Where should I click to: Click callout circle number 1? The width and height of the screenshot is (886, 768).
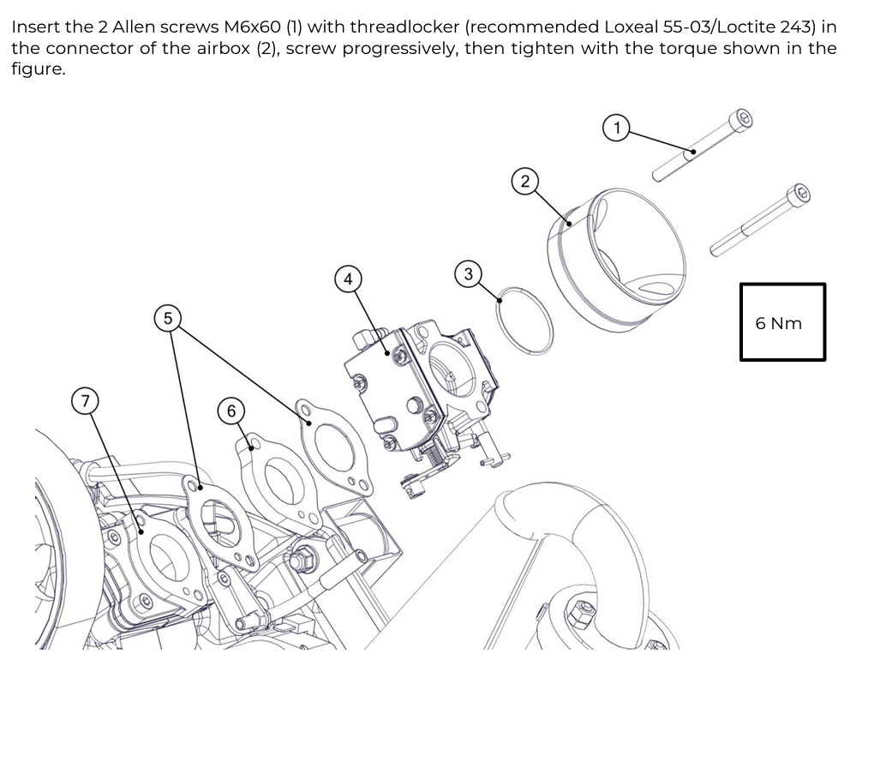point(616,129)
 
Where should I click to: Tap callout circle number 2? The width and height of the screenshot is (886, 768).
point(525,180)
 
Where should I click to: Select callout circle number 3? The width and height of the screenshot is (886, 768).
point(468,274)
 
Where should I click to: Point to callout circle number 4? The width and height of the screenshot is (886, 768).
point(347,279)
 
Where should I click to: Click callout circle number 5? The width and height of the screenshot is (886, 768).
point(168,318)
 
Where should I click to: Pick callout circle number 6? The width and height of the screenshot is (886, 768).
point(230,410)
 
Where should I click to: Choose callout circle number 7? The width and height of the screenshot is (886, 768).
point(84,401)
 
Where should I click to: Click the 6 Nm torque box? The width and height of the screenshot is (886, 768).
point(782,322)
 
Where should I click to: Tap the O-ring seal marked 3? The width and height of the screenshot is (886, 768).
point(524,320)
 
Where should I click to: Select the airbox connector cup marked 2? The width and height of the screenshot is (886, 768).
point(617,249)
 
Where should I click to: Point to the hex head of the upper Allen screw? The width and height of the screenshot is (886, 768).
point(743,119)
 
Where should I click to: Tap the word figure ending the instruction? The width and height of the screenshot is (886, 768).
point(37,69)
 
